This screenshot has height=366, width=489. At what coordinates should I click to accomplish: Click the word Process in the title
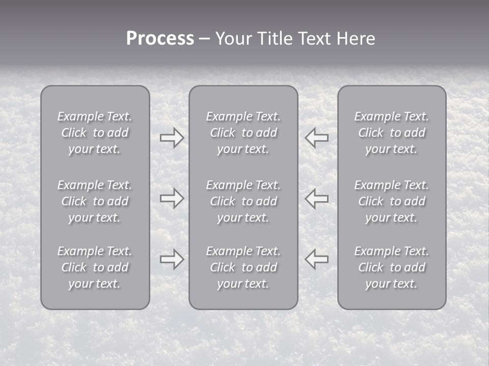pyautogui.click(x=160, y=39)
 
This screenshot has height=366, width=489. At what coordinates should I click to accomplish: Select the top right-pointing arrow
pyautogui.click(x=172, y=138)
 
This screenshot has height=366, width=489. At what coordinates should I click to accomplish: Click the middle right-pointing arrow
pyautogui.click(x=172, y=198)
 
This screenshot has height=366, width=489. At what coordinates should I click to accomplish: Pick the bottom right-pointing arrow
pyautogui.click(x=172, y=259)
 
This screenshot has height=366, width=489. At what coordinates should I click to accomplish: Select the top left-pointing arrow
pyautogui.click(x=317, y=138)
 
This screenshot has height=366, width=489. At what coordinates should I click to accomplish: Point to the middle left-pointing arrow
pyautogui.click(x=317, y=198)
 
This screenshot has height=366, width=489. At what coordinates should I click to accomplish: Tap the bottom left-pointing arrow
pyautogui.click(x=317, y=259)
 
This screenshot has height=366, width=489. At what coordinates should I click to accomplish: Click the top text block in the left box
pyautogui.click(x=95, y=133)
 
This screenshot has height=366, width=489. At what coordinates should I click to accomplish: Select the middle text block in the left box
pyautogui.click(x=95, y=201)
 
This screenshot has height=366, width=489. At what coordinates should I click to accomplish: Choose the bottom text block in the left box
pyautogui.click(x=95, y=267)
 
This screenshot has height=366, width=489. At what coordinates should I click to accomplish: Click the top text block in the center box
pyautogui.click(x=243, y=133)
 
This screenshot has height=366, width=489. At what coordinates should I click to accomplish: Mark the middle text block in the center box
pyautogui.click(x=243, y=201)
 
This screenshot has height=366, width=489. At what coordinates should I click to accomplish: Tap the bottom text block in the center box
pyautogui.click(x=243, y=267)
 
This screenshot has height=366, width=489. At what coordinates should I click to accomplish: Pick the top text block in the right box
pyautogui.click(x=392, y=133)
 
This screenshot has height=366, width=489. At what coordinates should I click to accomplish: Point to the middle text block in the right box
pyautogui.click(x=392, y=201)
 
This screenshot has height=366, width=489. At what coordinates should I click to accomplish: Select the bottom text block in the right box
pyautogui.click(x=392, y=267)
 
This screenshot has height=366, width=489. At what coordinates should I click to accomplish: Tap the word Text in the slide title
pyautogui.click(x=315, y=39)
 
